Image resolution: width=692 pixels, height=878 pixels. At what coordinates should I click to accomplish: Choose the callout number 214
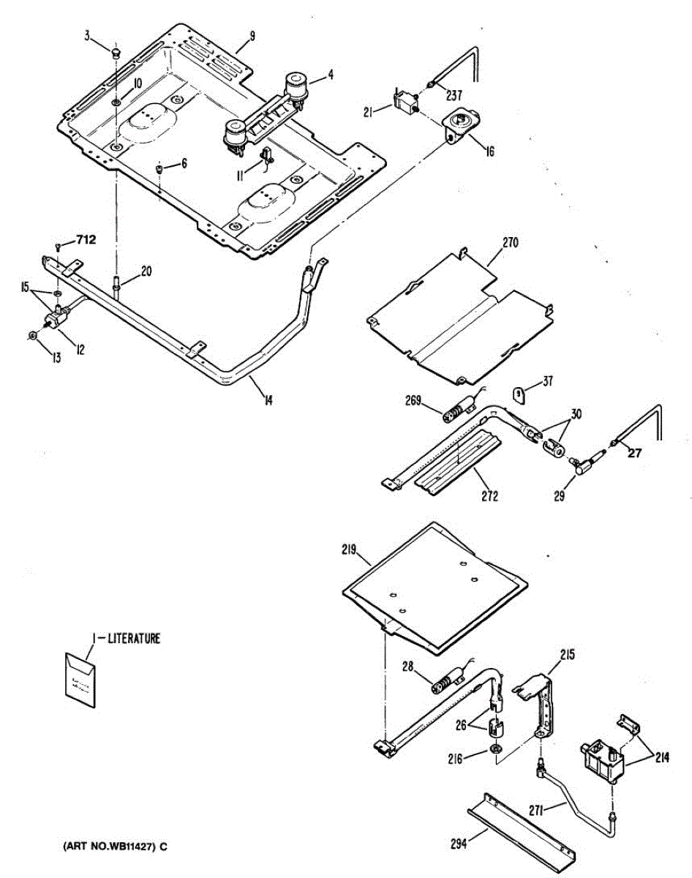pos(661,758)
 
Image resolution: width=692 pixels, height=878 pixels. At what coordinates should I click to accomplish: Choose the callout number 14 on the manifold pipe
pos(269,400)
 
